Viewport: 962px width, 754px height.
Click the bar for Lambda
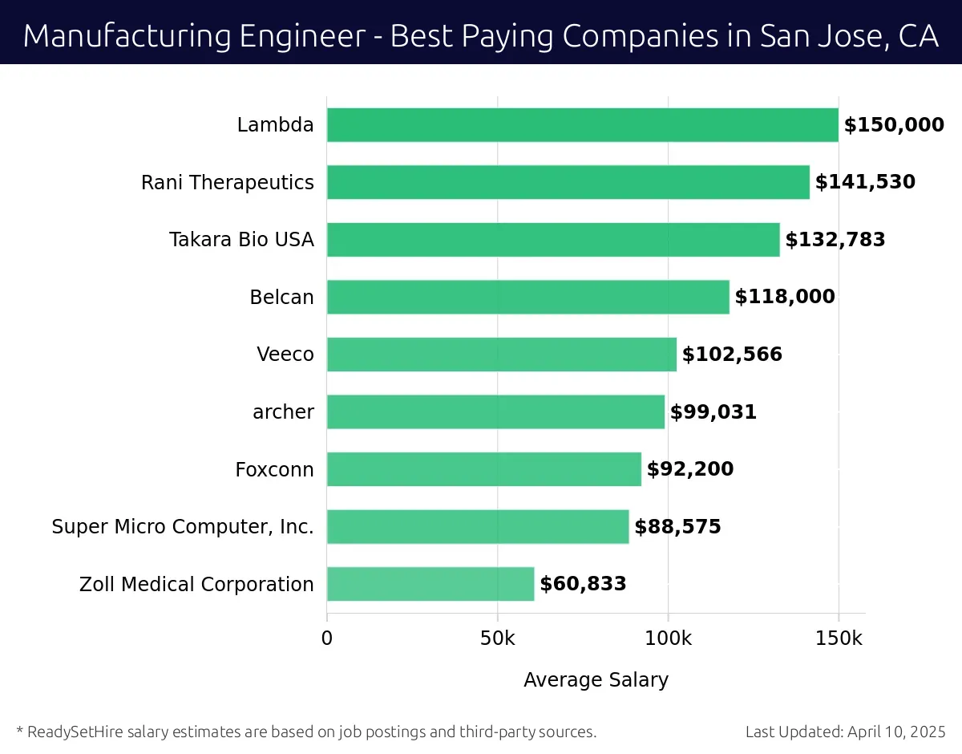[x=582, y=125]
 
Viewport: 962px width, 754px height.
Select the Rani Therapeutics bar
[x=568, y=182]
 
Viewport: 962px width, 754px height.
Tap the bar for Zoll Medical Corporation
[x=430, y=584]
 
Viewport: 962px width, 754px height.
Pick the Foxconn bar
[x=483, y=469]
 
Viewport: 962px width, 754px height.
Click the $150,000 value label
[x=894, y=125]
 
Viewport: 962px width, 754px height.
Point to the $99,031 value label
[x=713, y=412]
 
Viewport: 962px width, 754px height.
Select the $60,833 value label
[x=583, y=584]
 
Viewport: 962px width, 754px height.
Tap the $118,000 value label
[x=785, y=297]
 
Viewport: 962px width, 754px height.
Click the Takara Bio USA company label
[x=241, y=240]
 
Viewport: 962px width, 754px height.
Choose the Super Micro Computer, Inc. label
[x=183, y=527]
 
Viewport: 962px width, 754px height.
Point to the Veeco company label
[x=285, y=355]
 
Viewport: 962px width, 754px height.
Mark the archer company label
[x=283, y=412]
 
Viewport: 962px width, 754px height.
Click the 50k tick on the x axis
[x=497, y=639]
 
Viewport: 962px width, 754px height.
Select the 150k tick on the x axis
[x=838, y=639]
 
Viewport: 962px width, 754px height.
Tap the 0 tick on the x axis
[x=327, y=639]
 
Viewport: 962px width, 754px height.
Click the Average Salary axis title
[x=596, y=680]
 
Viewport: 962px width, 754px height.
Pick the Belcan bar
[x=527, y=297]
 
